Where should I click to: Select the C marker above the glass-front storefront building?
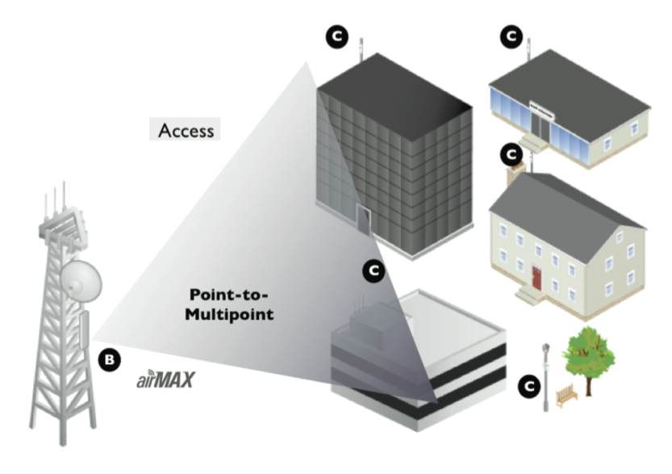[510, 36]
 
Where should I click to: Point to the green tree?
[589, 354]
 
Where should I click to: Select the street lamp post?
[546, 375]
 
